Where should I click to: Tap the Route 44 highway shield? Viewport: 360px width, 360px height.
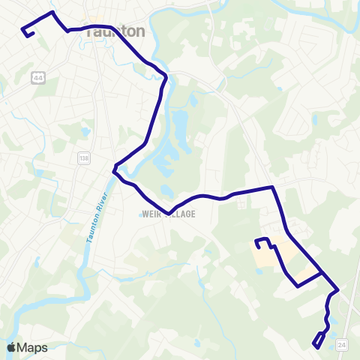coord(37,77)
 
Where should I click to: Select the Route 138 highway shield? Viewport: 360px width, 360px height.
coord(82,158)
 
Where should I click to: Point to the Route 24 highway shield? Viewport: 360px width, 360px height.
coord(342,343)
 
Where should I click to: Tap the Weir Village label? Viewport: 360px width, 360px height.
coord(167,214)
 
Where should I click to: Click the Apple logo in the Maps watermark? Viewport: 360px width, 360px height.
coord(11,347)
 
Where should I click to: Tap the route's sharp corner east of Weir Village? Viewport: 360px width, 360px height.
coord(273,187)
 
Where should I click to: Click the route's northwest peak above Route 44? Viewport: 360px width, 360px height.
coord(51,13)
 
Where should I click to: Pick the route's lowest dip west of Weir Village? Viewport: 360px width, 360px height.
coord(169,212)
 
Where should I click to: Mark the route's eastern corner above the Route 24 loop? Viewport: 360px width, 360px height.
coord(337,289)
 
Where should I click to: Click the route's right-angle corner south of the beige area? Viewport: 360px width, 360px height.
coord(298,286)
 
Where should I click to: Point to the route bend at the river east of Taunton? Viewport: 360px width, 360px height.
coord(164,76)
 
